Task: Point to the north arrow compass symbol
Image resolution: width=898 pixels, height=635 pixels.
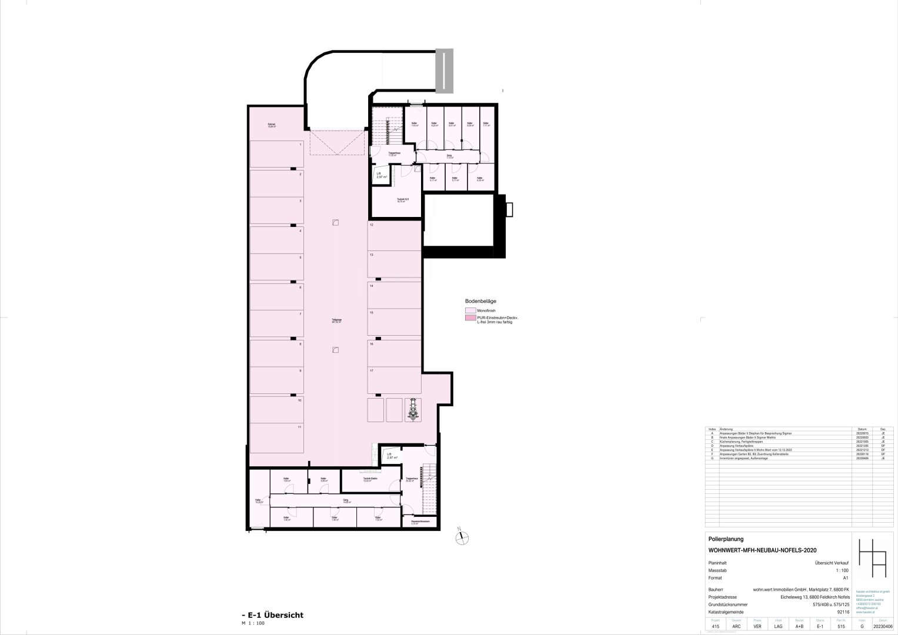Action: (x=462, y=535)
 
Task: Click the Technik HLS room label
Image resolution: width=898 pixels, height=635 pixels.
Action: (x=403, y=200)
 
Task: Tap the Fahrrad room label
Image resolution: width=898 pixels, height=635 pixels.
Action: (x=272, y=125)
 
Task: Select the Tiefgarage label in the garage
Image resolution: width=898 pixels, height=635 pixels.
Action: (x=337, y=320)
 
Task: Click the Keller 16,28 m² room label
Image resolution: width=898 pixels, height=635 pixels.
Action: (x=259, y=502)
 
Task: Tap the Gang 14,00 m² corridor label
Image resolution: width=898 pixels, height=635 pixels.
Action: (x=346, y=502)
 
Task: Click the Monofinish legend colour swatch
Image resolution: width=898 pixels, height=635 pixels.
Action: (x=470, y=310)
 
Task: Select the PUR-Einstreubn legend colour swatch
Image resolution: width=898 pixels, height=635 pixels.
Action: (x=470, y=318)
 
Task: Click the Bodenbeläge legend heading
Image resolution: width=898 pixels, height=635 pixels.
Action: (x=481, y=300)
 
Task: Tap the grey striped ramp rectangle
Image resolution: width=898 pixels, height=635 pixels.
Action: (x=445, y=70)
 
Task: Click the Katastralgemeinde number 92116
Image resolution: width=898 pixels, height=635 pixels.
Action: (x=842, y=611)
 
